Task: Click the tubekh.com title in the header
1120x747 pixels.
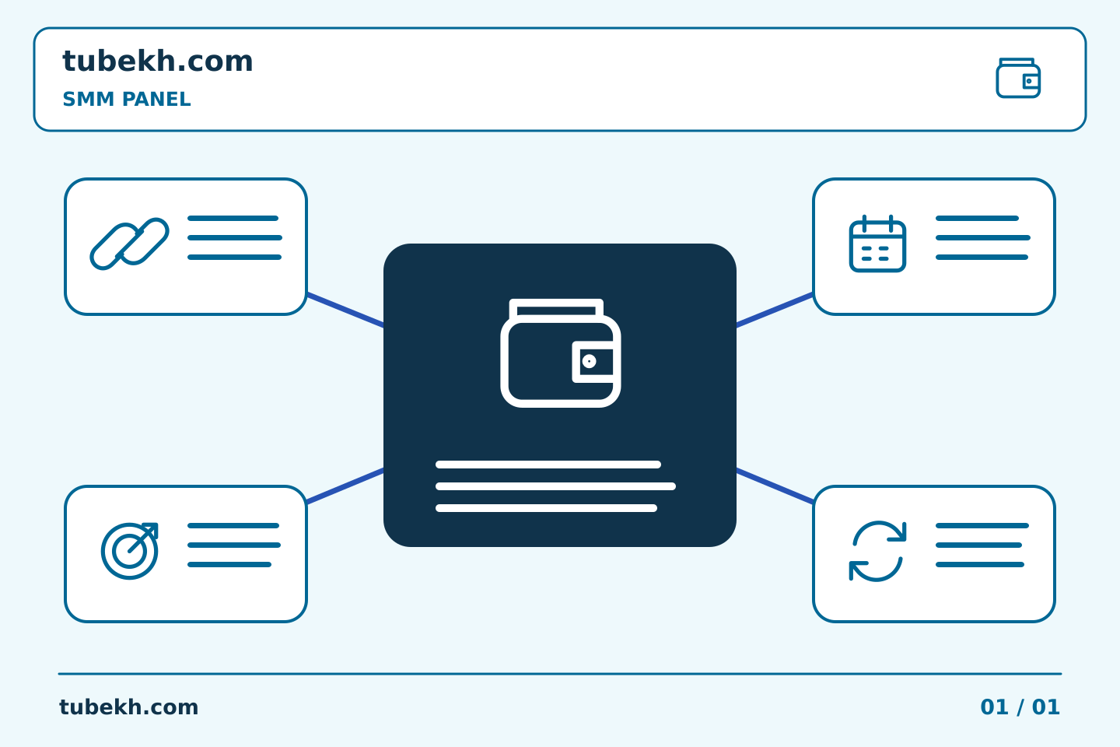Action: tap(157, 61)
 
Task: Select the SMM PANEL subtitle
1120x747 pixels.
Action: tap(127, 99)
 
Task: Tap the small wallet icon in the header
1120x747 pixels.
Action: tap(1018, 78)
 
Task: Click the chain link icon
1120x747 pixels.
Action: tap(129, 244)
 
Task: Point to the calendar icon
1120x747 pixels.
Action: tap(877, 244)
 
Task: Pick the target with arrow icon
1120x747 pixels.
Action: tap(129, 551)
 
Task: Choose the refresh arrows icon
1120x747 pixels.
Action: tap(877, 551)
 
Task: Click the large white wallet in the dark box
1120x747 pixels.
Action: tap(561, 352)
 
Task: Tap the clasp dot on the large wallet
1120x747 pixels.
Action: tap(589, 361)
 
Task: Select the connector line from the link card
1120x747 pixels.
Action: tap(345, 310)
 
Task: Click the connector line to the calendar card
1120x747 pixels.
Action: tap(775, 310)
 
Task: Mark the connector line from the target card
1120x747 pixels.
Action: tap(345, 486)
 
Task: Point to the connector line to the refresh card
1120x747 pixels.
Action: tap(775, 486)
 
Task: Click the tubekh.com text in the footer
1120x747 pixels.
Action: tap(128, 707)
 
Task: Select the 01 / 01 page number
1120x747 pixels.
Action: tap(1020, 707)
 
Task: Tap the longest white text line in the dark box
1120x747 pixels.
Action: tap(555, 486)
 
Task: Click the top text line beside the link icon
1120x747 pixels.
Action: tap(233, 218)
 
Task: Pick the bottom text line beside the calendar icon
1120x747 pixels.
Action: tap(982, 258)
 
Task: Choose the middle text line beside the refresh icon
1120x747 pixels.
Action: tap(978, 545)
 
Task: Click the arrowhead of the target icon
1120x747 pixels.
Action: tap(152, 529)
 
